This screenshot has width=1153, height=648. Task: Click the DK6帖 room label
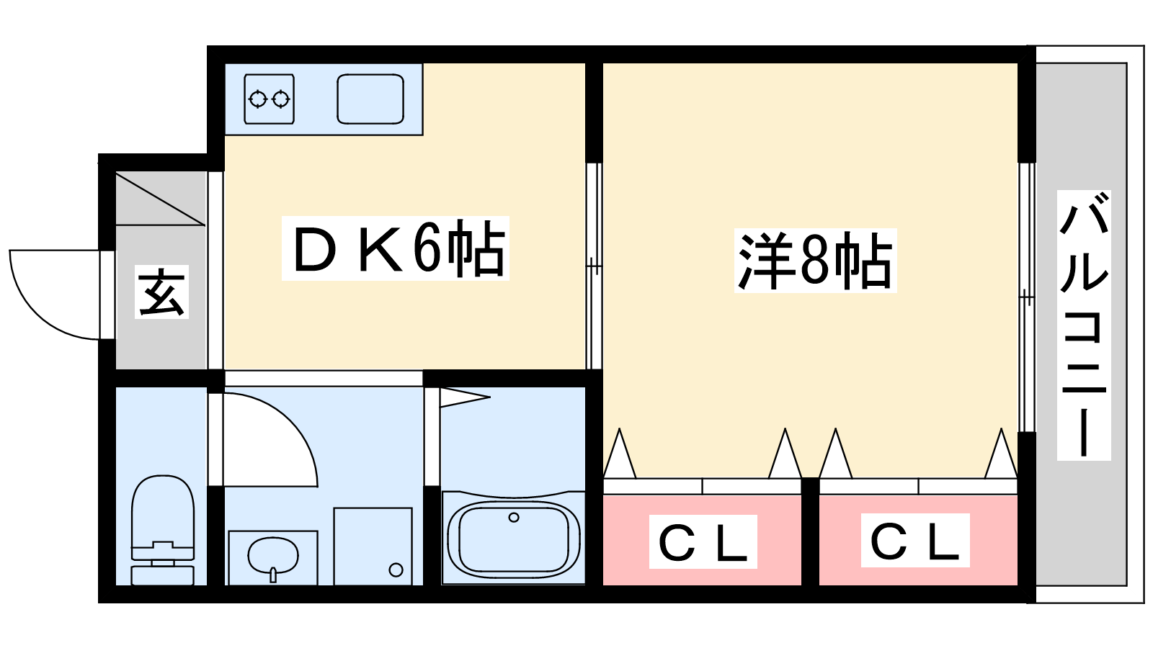coord(396,248)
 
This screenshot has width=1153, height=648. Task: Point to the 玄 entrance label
coord(162,292)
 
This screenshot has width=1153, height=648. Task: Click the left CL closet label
coord(703,541)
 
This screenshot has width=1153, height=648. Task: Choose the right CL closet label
coord(915,540)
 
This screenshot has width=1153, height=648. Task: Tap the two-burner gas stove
coord(269,99)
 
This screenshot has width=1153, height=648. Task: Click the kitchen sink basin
coord(370,99)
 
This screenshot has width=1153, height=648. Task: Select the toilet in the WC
coord(163,526)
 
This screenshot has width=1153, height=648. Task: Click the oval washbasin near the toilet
coord(272,556)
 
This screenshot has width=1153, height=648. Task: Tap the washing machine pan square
coord(373,546)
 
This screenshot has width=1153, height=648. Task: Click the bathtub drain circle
coord(514,517)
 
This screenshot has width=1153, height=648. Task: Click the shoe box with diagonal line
coord(161,198)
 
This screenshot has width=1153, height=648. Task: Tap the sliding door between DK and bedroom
coord(594,266)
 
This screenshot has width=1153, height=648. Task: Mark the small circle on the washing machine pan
coord(396,570)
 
